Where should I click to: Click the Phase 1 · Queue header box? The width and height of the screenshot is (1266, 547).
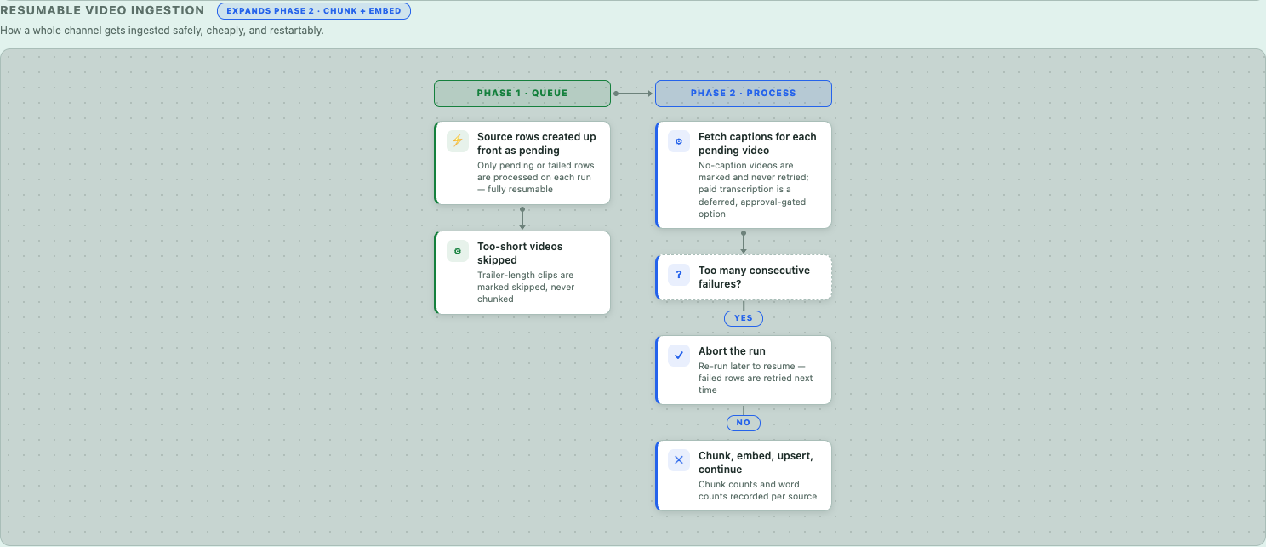522,94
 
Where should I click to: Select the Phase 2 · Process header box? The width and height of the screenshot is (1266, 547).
744,94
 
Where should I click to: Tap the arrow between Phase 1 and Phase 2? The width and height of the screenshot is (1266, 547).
633,94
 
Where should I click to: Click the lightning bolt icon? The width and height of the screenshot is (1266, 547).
457,140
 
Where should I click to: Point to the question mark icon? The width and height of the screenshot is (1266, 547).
679,275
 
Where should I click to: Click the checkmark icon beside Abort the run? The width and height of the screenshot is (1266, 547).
679,356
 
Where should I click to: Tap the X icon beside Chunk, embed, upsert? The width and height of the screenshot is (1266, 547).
679,460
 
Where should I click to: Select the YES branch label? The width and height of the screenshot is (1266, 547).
744,318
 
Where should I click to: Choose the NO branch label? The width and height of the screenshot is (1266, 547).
744,423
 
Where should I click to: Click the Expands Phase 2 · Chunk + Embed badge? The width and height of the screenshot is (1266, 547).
314,11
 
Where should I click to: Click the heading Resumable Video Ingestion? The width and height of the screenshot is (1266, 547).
102,11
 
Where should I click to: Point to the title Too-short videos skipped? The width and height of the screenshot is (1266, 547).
520,254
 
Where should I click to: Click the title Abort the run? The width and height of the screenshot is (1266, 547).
732,351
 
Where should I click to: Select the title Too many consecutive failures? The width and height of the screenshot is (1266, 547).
754,276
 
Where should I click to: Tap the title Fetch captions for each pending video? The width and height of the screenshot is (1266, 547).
757,144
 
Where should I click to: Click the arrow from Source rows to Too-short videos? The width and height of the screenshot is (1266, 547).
522,218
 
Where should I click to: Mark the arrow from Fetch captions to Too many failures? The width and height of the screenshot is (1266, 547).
744,242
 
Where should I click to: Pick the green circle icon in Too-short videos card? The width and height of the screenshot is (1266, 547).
457,251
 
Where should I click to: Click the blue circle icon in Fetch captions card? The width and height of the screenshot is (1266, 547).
679,141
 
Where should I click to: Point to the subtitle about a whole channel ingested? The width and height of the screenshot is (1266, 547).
162,31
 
